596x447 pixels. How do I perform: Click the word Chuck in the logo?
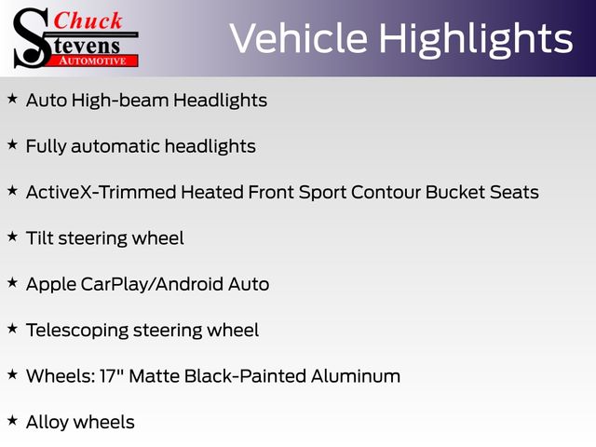click(88, 20)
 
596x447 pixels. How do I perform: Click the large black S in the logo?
click(33, 38)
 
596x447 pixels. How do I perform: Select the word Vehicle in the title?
click(299, 39)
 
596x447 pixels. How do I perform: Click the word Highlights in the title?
click(476, 40)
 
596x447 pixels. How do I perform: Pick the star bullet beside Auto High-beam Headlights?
click(12, 100)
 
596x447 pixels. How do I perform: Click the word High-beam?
click(120, 101)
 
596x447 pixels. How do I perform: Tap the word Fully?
click(46, 147)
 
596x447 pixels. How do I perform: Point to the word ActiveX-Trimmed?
click(102, 193)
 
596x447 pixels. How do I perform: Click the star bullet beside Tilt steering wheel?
click(12, 237)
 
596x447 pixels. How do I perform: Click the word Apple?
click(51, 285)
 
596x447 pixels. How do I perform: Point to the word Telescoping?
click(77, 331)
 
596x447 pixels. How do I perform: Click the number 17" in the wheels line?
click(112, 376)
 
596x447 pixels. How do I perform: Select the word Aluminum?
click(356, 376)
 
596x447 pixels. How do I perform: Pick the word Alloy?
click(47, 423)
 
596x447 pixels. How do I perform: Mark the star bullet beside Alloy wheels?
click(12, 421)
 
